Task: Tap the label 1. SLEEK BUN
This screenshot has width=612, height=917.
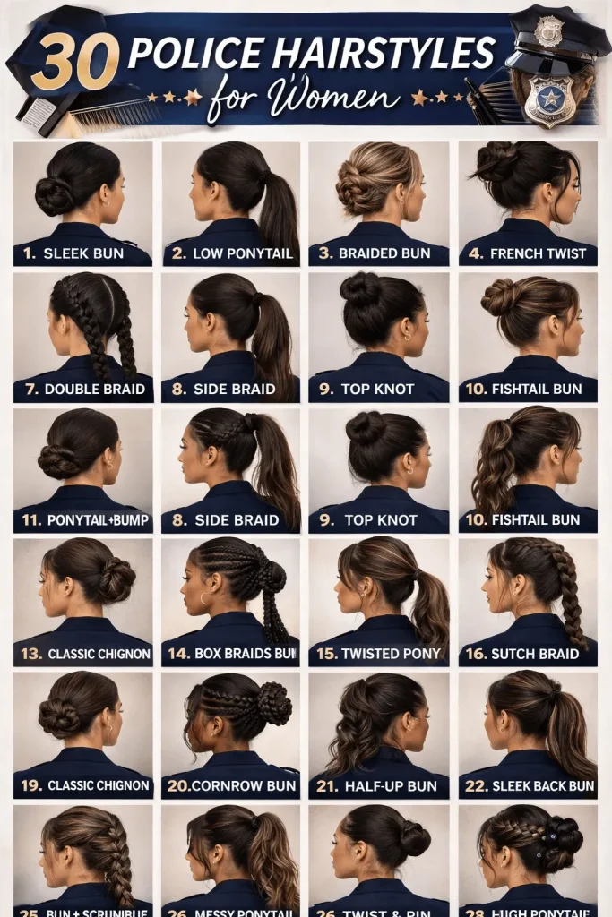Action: coord(74,253)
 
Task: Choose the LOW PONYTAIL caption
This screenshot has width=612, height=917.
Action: coord(242,253)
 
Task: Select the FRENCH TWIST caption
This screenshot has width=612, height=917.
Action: coord(538,253)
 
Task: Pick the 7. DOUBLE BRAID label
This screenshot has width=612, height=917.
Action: coord(83,390)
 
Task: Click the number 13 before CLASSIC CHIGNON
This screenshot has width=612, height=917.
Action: coord(31,654)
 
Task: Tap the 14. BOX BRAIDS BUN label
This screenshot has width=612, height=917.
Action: coord(232,654)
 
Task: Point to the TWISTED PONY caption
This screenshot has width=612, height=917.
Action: coord(390,654)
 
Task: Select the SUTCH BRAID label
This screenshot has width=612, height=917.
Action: coord(534,654)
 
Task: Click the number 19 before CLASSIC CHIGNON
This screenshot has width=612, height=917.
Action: coord(31,785)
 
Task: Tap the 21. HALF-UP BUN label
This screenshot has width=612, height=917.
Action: coord(379,786)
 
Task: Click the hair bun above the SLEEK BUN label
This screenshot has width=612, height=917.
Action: coord(53,195)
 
